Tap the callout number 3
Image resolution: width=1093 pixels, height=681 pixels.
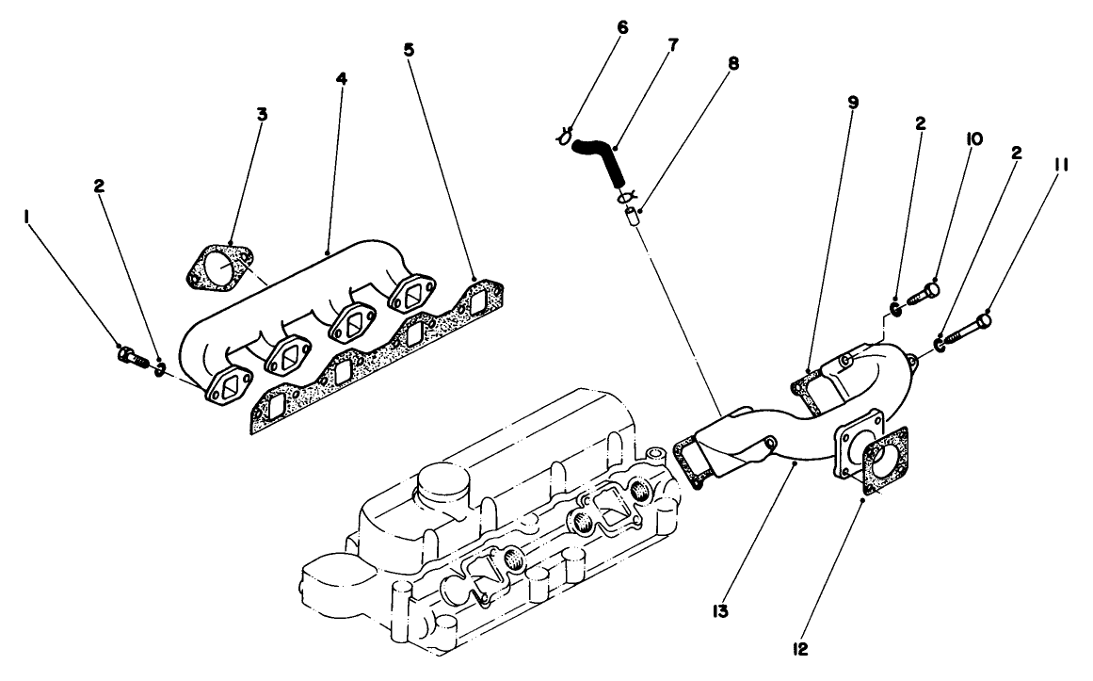[262, 114]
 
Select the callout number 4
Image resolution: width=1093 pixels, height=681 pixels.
[341, 79]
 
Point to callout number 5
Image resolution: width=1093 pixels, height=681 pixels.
[409, 49]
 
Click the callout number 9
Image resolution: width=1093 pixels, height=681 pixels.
[852, 102]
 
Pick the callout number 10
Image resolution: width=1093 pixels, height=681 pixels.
[973, 138]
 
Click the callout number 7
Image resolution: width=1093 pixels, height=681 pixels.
[672, 44]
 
